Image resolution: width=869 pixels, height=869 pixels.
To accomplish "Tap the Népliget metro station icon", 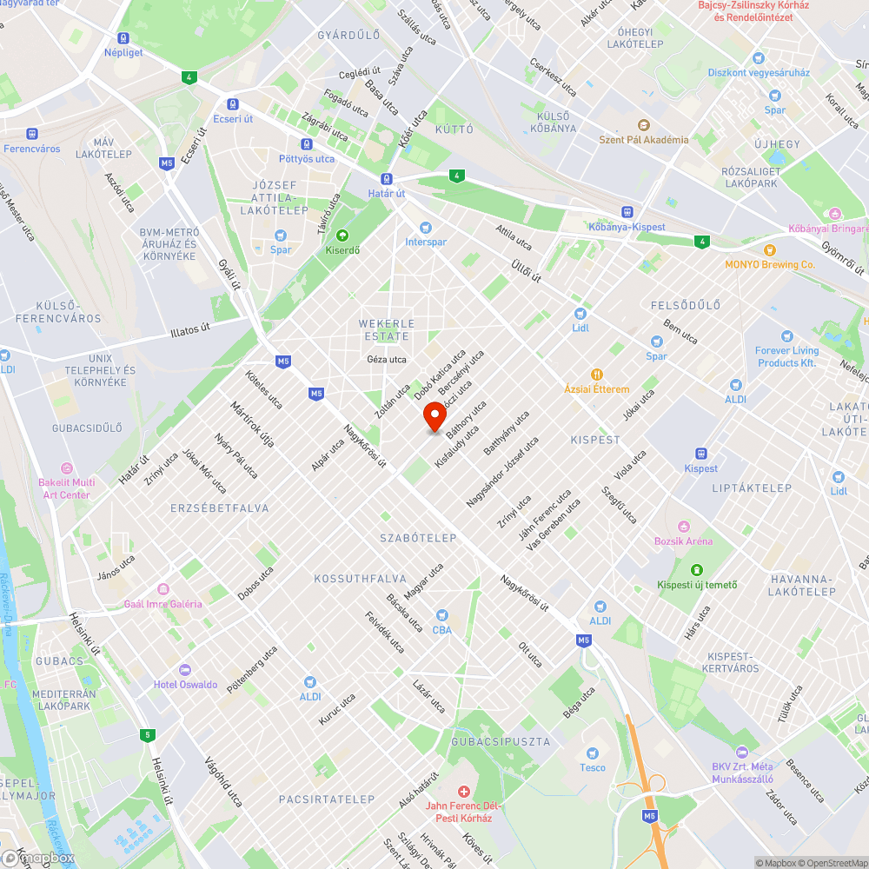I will (123, 38).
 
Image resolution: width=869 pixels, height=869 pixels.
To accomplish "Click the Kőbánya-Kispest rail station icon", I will (627, 212).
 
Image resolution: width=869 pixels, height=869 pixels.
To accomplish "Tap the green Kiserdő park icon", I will (342, 235).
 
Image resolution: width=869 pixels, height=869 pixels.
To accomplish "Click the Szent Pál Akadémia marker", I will (643, 126).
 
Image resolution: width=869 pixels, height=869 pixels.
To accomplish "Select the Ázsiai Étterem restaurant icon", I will (596, 375).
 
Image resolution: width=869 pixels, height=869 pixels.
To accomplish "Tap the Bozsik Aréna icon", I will (683, 527).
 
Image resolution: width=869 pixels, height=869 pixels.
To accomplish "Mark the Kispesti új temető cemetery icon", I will (696, 570).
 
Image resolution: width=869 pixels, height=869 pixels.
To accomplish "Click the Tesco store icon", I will (593, 753).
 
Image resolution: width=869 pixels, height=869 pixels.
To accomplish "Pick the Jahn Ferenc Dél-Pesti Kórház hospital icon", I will (464, 792).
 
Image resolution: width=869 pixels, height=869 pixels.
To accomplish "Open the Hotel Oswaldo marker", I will (184, 670).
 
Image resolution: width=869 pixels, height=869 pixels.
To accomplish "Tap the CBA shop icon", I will (441, 615).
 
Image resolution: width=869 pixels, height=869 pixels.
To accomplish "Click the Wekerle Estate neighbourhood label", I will (387, 329).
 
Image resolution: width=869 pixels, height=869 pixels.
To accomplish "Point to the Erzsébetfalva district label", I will (220, 507).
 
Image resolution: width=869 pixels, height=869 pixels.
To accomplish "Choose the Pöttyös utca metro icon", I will (306, 144).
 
